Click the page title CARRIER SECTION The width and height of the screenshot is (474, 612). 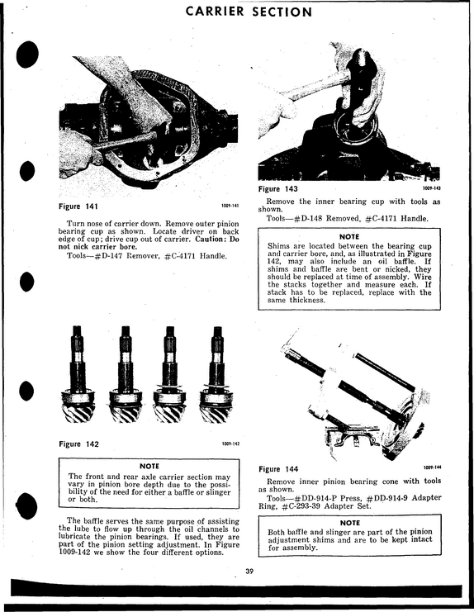coord(249,12)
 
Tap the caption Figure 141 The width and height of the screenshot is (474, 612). coord(78,206)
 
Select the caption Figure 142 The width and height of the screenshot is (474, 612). coord(78,444)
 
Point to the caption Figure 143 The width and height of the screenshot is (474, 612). coord(277,189)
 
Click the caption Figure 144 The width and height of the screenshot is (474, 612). coord(278,469)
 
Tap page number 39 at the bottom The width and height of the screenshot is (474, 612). coord(249,572)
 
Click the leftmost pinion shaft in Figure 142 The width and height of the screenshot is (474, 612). coord(78,374)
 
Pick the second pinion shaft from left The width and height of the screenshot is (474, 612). coord(125,374)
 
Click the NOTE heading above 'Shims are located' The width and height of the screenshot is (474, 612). coord(349,236)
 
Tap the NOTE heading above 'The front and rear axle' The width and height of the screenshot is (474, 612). coord(149,466)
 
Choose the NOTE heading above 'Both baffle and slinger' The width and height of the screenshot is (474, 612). coord(349,523)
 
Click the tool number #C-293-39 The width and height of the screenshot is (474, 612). coord(301,506)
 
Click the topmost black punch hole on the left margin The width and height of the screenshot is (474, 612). coord(27,54)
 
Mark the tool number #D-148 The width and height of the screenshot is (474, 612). coord(309,218)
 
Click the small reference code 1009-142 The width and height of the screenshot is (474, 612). coord(230,444)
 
